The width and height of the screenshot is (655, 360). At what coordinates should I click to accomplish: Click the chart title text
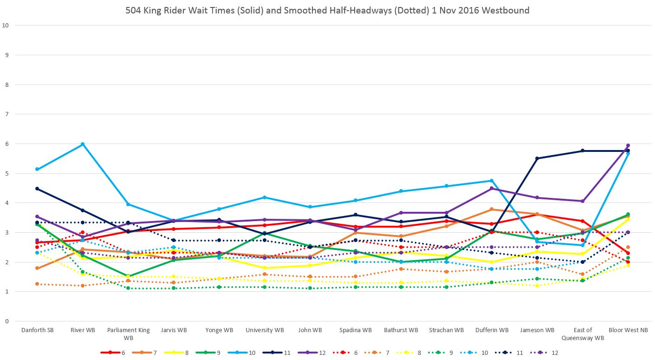point(327,10)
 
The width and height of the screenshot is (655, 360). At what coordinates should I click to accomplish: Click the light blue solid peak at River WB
point(83,144)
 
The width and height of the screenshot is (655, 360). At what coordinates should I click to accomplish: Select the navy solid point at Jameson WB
point(538,158)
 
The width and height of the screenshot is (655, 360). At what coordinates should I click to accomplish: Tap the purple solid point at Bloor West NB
point(628,145)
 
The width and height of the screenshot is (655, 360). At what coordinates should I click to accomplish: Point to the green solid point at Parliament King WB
point(128,276)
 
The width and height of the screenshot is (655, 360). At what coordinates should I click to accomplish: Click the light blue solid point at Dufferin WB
point(492,181)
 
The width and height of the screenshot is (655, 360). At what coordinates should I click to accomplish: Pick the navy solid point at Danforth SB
point(37,189)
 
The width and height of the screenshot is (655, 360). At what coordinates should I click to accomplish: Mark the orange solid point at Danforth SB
point(37,268)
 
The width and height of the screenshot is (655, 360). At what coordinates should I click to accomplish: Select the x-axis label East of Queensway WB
point(583,334)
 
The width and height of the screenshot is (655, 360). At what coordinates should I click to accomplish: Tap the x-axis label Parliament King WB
point(128,334)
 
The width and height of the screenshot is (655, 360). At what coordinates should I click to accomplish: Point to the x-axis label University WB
point(265,330)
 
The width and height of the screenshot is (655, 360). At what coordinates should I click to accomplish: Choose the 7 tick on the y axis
point(6,114)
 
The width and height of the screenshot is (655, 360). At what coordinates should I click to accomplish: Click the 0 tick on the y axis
point(6,321)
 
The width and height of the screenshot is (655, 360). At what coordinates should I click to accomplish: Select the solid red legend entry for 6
point(113,353)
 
